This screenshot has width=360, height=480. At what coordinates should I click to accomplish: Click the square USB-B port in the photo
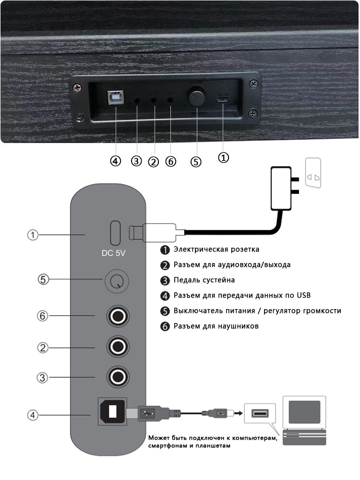(116, 96)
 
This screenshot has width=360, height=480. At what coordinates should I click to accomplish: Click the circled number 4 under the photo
(115, 161)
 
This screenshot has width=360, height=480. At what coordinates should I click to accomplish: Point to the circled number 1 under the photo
(224, 157)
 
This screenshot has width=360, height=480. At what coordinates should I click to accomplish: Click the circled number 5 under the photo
(196, 161)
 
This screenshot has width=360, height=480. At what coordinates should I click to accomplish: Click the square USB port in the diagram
(112, 411)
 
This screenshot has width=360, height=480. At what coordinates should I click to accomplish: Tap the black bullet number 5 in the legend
(165, 311)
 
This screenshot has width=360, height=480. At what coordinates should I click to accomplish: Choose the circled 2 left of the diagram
(43, 347)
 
